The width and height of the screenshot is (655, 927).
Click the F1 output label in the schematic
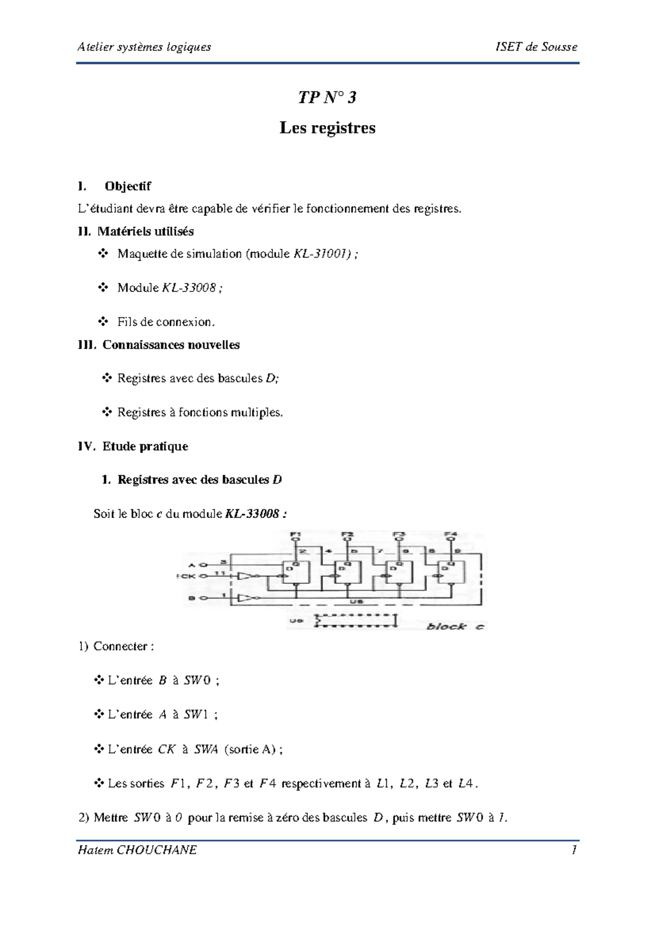tap(295, 534)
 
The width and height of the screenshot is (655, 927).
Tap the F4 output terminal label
tap(450, 534)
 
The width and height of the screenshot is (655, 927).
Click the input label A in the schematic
tap(191, 564)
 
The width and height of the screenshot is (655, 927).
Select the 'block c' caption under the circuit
tap(455, 626)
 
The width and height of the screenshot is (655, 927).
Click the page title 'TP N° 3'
tap(327, 98)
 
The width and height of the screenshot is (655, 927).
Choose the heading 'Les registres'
tap(327, 128)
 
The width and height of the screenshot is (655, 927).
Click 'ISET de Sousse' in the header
tap(536, 47)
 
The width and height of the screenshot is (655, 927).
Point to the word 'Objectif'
tap(128, 186)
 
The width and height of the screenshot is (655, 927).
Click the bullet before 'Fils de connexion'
tap(103, 322)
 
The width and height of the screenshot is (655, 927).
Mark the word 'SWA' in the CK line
tap(206, 750)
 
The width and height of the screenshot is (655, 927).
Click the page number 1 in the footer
tap(574, 850)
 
